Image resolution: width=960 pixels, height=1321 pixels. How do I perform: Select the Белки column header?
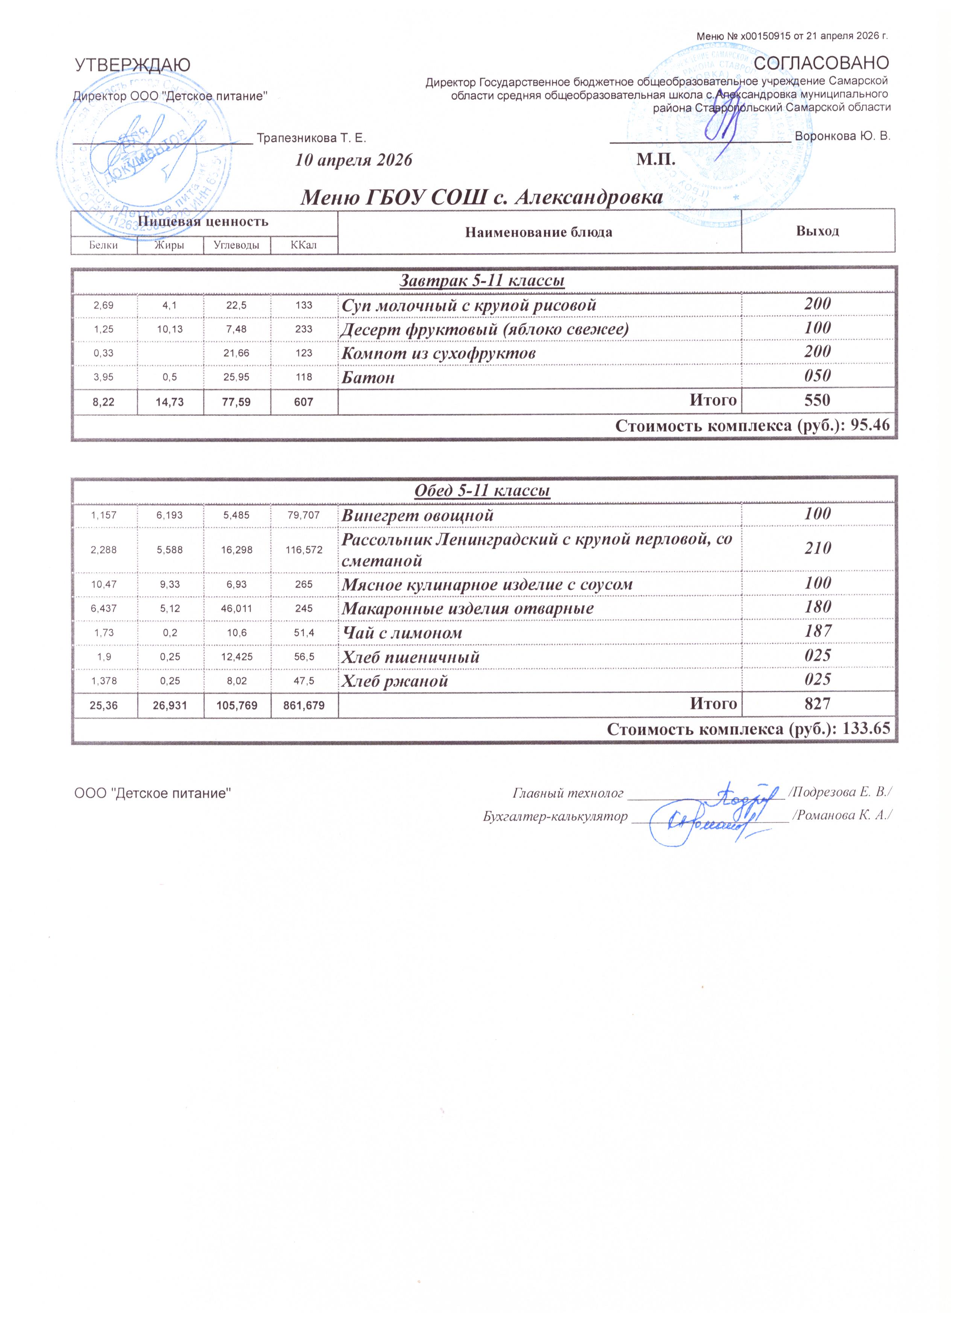[103, 245]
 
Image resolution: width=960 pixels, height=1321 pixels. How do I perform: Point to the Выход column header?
[817, 231]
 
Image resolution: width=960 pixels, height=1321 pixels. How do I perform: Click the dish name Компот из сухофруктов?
[438, 353]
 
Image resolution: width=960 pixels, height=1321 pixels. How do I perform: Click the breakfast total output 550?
[817, 401]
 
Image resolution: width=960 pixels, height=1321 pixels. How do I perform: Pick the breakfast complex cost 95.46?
[870, 425]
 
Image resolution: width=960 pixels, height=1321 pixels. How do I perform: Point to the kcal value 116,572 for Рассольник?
[304, 549]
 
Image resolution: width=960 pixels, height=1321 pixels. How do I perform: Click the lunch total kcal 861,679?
[304, 705]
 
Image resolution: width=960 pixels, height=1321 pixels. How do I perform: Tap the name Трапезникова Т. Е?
[311, 138]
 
